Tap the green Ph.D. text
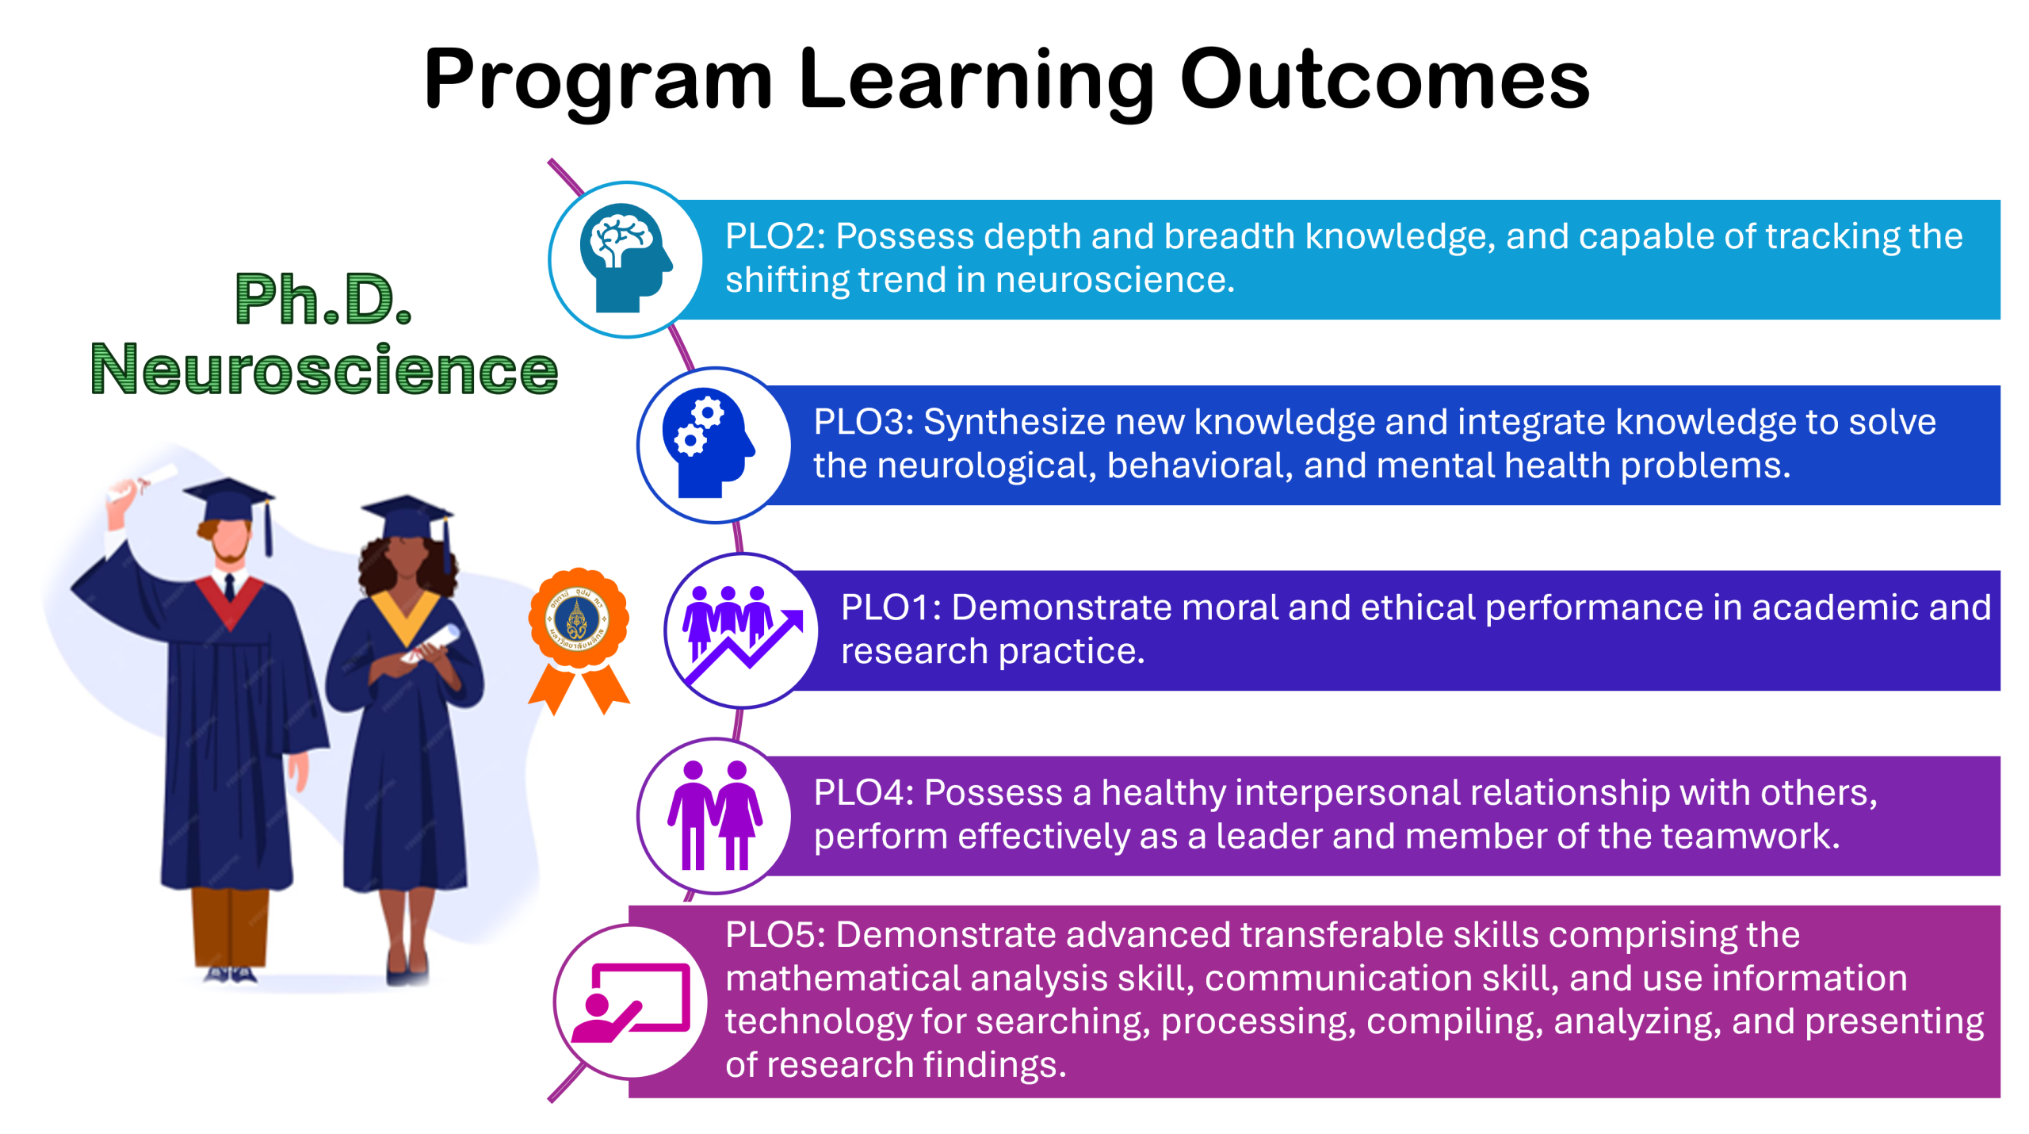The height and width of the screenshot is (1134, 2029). pyautogui.click(x=323, y=299)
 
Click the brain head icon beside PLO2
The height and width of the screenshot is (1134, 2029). pyautogui.click(x=625, y=258)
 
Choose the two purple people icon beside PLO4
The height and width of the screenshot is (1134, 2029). pyautogui.click(x=715, y=815)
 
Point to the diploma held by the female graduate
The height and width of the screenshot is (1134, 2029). pyautogui.click(x=432, y=642)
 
